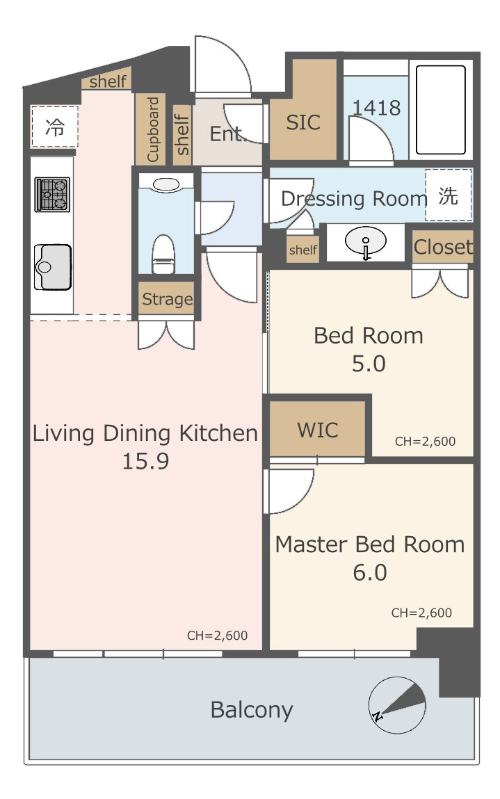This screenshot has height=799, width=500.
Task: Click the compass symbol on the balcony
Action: [396, 705]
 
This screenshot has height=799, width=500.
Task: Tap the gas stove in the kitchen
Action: [52, 194]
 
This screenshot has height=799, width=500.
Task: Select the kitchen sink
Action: [52, 267]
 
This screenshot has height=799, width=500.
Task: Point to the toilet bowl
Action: [163, 254]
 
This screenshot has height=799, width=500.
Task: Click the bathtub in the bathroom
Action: [441, 110]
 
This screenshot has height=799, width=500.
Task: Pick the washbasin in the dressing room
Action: [366, 241]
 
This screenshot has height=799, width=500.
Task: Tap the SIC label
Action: [303, 122]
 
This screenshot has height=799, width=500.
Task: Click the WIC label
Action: [318, 430]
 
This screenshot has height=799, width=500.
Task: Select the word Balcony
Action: [252, 710]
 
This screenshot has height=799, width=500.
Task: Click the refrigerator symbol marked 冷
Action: [54, 127]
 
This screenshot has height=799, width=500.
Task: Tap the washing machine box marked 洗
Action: [448, 195]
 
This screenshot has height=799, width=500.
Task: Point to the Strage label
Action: [167, 299]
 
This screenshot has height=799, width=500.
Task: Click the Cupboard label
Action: [153, 129]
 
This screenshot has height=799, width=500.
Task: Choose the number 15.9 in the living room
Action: [145, 460]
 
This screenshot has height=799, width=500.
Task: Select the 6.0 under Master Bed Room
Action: [370, 572]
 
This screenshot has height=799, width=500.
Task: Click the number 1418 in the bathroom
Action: [377, 108]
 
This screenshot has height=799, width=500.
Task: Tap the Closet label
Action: [443, 247]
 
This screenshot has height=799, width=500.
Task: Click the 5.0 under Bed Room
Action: [369, 363]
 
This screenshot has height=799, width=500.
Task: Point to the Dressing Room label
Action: [354, 199]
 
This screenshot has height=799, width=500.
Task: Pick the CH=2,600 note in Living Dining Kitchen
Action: [217, 636]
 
